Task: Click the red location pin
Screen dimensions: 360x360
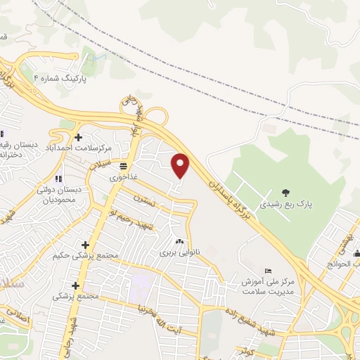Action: click(x=181, y=166)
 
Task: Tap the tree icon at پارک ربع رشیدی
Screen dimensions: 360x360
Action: click(x=285, y=192)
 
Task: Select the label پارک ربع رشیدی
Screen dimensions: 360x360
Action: click(x=284, y=205)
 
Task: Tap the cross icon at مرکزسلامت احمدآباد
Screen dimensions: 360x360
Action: click(x=78, y=136)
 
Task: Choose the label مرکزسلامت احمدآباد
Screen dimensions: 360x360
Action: click(x=79, y=148)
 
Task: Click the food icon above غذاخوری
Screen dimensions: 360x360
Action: click(x=123, y=166)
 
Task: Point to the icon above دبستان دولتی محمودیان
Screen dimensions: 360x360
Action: click(x=58, y=179)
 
